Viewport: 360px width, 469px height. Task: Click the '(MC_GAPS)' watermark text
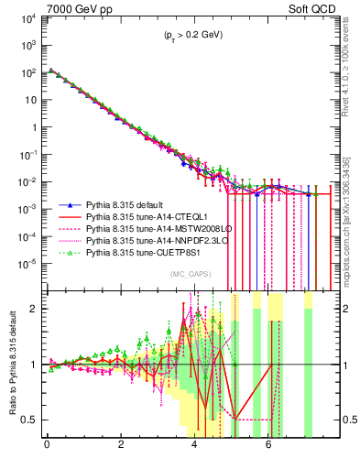click(x=188, y=274)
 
